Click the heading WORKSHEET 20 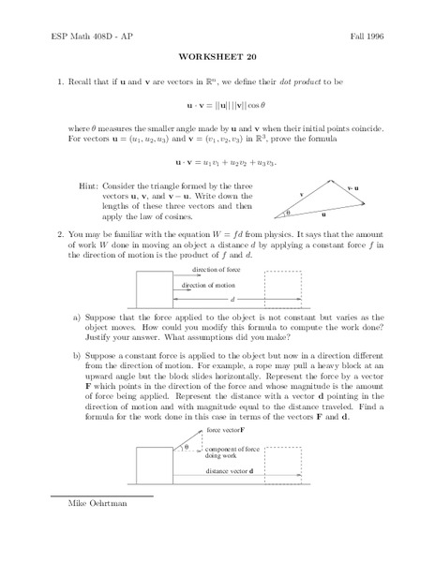217,53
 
